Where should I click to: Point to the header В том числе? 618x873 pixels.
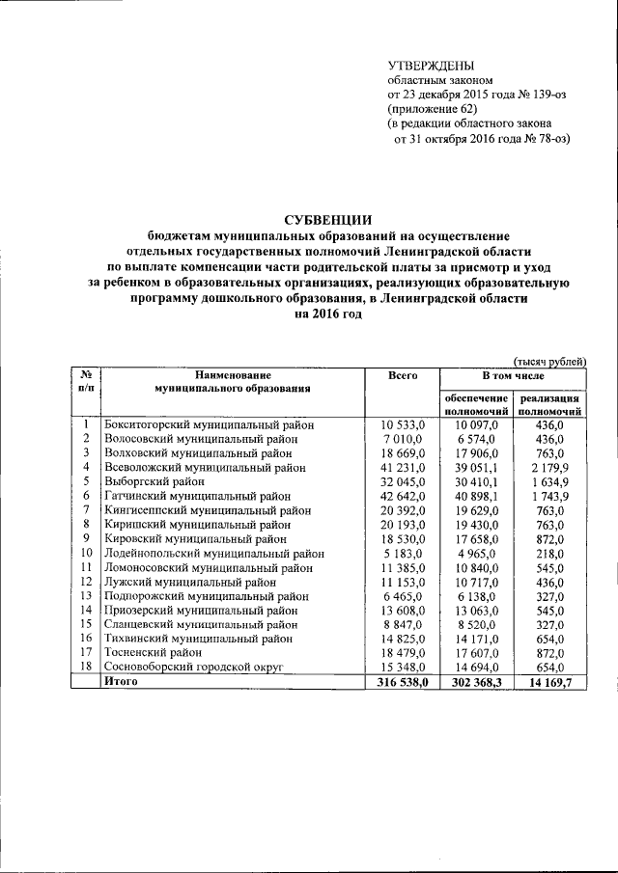point(513,374)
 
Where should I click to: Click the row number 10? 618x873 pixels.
point(86,553)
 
